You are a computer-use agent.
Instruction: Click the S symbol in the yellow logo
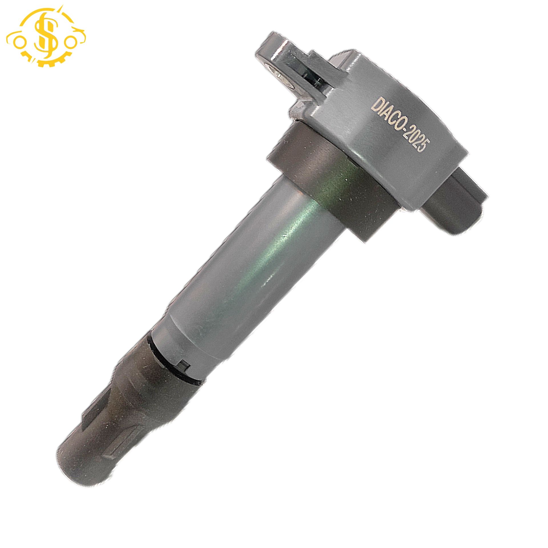point(46,37)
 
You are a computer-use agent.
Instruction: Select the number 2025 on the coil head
point(415,140)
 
